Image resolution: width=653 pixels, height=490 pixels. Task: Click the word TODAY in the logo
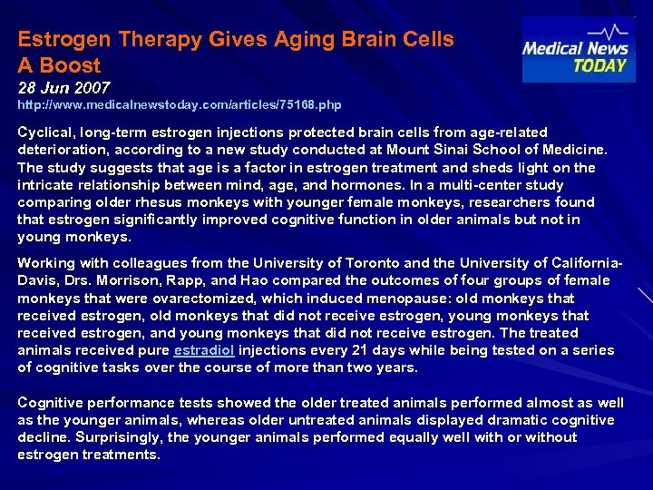tap(600, 65)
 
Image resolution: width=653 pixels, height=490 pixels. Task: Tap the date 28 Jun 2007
tap(63, 88)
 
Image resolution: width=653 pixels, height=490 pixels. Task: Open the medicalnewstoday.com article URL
tap(180, 105)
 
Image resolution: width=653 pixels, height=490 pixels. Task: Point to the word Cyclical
tap(46, 132)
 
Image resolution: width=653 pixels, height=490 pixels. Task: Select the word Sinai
tap(447, 150)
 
